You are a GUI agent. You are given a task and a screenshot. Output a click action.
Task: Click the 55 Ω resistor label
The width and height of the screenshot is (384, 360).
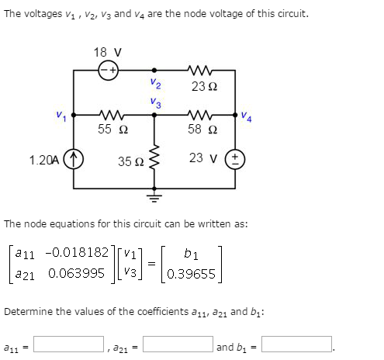pos(109,130)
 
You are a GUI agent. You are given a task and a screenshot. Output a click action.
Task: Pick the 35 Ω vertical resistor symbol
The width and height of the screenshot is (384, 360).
pos(154,161)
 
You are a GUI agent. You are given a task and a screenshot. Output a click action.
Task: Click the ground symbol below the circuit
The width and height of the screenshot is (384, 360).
pos(154,197)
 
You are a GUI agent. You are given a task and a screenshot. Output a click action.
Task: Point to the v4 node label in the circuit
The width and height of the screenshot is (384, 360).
pos(246,117)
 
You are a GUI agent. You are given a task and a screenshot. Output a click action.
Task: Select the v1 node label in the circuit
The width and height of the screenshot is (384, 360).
pos(61,117)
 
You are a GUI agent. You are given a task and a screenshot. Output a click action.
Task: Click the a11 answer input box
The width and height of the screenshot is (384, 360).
pos(68,343)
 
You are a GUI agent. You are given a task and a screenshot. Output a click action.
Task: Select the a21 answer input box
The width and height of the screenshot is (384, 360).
pos(180,343)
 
